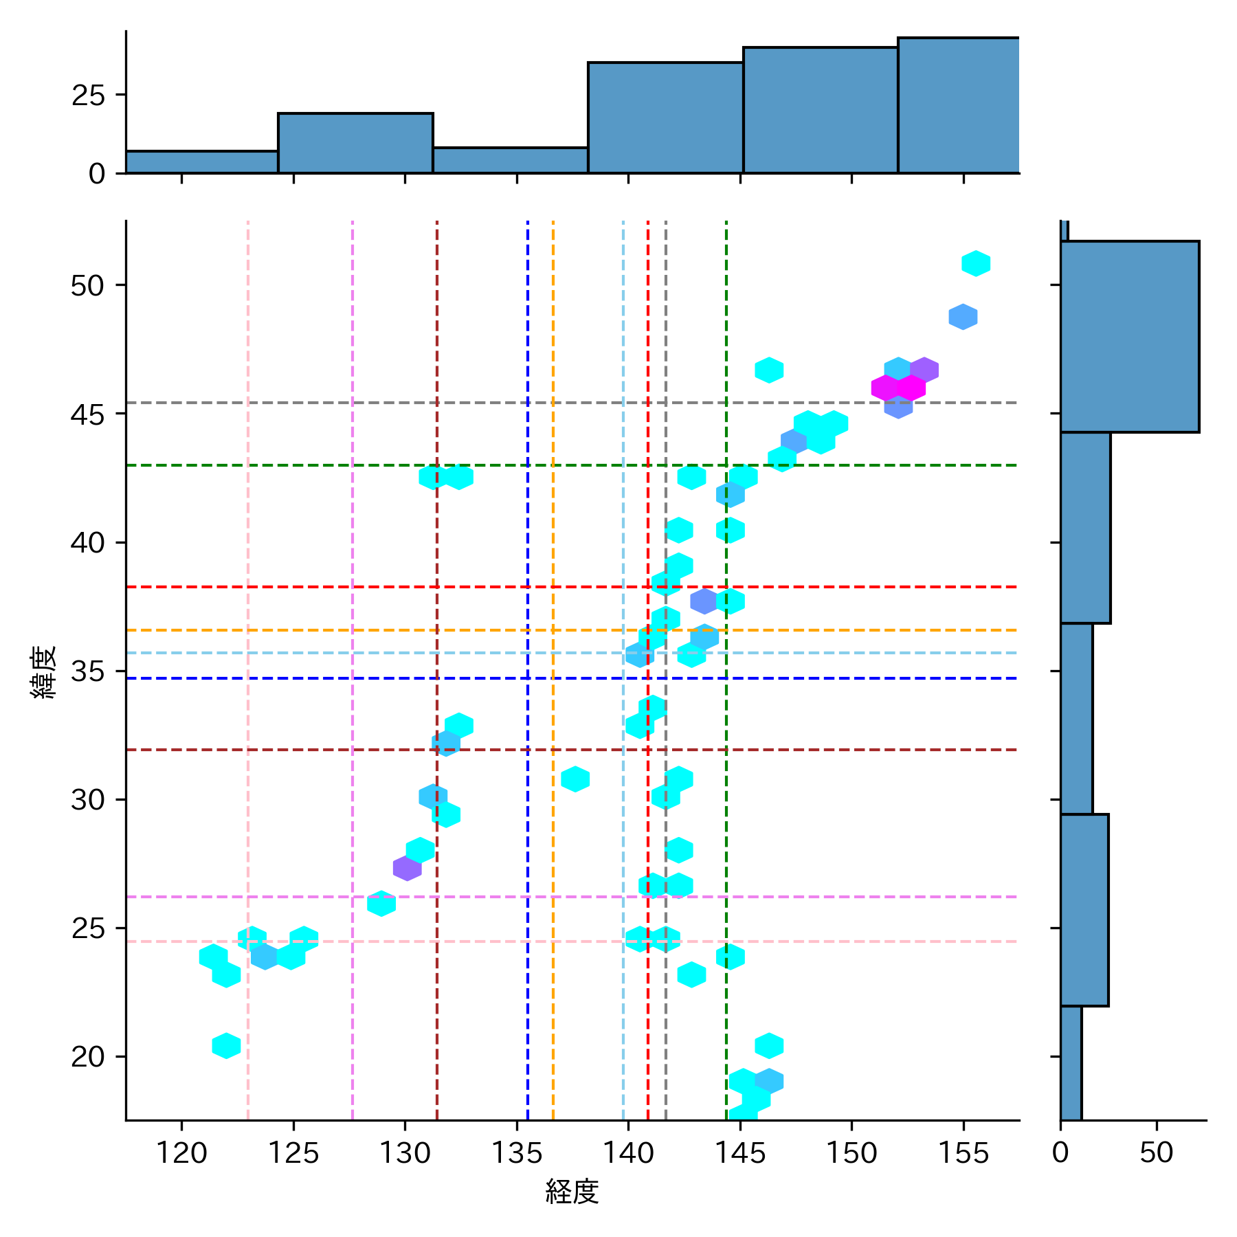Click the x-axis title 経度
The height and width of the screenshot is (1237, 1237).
[572, 1192]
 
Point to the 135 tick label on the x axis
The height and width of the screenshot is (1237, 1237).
[516, 1152]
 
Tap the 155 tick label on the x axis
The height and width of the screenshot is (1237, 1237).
[963, 1152]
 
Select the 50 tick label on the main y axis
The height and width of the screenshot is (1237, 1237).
[87, 285]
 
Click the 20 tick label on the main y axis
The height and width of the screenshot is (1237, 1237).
[87, 1056]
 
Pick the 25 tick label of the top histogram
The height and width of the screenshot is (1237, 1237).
[88, 95]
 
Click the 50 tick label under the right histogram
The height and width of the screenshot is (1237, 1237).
[1156, 1152]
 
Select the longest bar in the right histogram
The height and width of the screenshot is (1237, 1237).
[1129, 337]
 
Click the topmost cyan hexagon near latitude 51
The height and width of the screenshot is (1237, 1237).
[976, 263]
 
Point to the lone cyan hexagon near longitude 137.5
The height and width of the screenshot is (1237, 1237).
[575, 779]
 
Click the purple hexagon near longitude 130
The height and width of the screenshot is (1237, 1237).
[408, 868]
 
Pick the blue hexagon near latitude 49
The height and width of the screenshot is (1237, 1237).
[963, 317]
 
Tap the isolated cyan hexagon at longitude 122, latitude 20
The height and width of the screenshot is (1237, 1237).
[226, 1045]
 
